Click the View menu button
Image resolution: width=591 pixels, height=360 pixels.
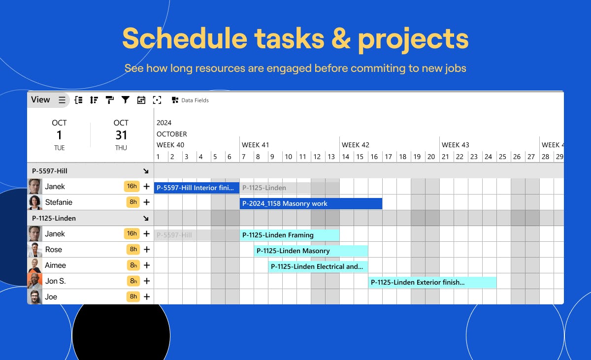click(x=48, y=100)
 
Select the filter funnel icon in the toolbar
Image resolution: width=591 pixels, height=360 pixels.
click(x=125, y=100)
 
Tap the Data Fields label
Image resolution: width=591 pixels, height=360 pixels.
click(x=195, y=100)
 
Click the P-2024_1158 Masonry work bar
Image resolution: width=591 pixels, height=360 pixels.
click(x=311, y=203)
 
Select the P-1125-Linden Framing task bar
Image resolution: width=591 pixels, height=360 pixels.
click(x=290, y=235)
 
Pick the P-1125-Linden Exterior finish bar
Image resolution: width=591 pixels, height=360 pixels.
click(x=432, y=282)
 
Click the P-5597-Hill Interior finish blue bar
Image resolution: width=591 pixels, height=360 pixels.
click(x=197, y=188)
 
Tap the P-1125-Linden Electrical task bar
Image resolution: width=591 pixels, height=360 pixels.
click(x=318, y=266)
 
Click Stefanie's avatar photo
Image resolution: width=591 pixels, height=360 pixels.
click(x=35, y=202)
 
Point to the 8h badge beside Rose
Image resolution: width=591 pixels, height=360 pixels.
click(x=133, y=250)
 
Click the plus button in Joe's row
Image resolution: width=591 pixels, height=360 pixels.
click(x=147, y=296)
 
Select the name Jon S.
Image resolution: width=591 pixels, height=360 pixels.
click(x=55, y=281)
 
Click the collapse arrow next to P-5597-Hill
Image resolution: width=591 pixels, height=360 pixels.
click(x=146, y=171)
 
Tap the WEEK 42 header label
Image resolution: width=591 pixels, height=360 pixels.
click(x=356, y=145)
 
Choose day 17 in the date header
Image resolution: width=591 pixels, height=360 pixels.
click(x=388, y=157)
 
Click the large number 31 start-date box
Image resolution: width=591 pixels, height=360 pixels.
click(x=121, y=135)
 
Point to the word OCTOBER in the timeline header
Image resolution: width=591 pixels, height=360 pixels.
click(x=172, y=134)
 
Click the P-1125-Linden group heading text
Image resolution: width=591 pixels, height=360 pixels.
click(x=54, y=218)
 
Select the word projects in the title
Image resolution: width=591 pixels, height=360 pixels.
click(x=413, y=39)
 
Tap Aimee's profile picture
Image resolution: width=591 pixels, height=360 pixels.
click(x=35, y=265)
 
